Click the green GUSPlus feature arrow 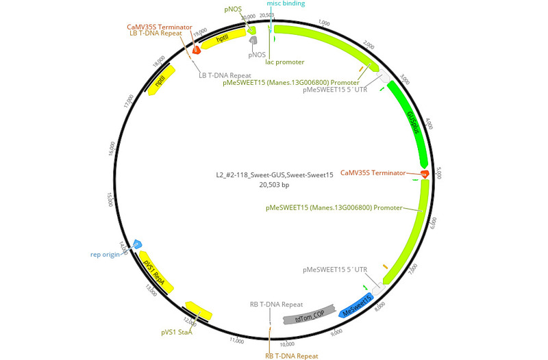pos(409,123)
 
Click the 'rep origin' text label pos(105,255)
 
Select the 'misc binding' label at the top pos(286,4)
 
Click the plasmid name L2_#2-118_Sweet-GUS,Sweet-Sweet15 pos(274,175)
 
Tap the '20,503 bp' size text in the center pos(274,185)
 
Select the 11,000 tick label pos(236,339)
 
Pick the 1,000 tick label pos(324,23)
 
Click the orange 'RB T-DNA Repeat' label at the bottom pos(291,356)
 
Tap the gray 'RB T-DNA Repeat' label pos(276,304)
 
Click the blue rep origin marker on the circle pos(137,244)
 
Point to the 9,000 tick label pos(336,333)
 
